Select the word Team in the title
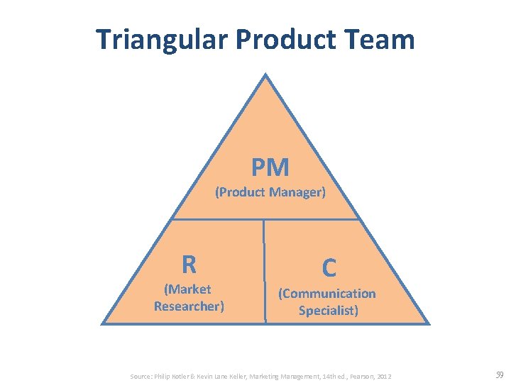click(381, 39)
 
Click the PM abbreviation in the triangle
click(270, 168)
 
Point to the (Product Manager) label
click(270, 192)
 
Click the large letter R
click(189, 265)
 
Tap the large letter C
click(329, 268)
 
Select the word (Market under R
click(187, 289)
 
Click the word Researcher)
click(189, 306)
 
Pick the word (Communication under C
click(327, 294)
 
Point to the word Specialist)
click(329, 311)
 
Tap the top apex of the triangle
click(265, 74)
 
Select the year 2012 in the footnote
click(383, 375)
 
